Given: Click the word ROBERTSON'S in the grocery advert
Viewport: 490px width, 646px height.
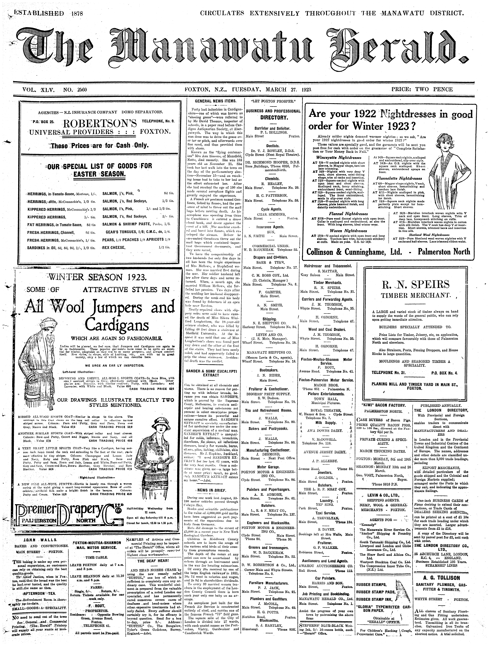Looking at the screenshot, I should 99,124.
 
